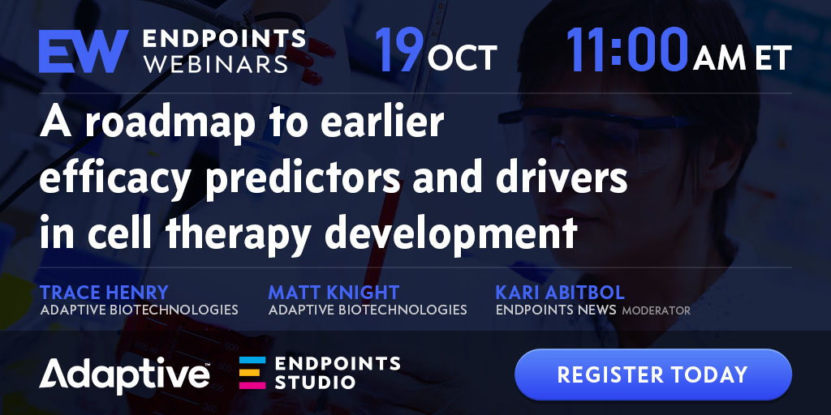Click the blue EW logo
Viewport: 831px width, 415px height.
tap(84, 51)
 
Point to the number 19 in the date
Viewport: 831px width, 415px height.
tap(399, 50)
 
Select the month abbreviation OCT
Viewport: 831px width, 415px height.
tap(462, 58)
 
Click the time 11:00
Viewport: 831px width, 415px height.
tap(627, 50)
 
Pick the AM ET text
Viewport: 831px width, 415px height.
tap(742, 58)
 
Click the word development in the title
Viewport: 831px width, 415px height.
tap(450, 233)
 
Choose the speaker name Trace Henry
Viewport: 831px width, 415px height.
tap(104, 292)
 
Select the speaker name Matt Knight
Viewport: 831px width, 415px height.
tap(334, 292)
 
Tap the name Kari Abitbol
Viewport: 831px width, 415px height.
tap(560, 292)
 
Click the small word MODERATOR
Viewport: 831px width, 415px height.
tap(656, 310)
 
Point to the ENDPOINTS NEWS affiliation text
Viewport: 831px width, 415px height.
tap(556, 310)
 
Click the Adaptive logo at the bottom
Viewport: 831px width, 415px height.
tap(124, 374)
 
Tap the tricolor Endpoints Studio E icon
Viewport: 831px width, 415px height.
tap(252, 373)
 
